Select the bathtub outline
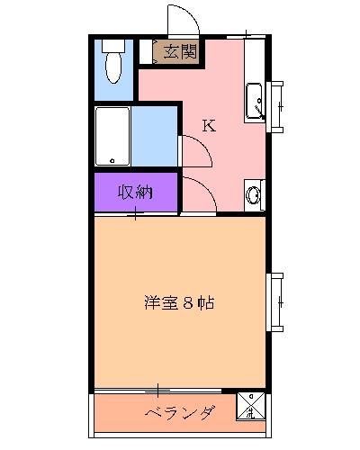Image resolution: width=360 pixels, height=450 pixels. pyautogui.click(x=113, y=136)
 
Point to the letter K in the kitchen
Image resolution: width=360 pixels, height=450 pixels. pyautogui.click(x=208, y=126)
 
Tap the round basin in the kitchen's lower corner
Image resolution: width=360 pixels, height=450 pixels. pyautogui.click(x=254, y=193)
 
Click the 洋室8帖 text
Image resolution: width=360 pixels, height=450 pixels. pyautogui.click(x=178, y=302)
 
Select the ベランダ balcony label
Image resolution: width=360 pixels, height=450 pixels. pyautogui.click(x=180, y=413)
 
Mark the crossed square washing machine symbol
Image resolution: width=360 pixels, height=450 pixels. pyautogui.click(x=250, y=407)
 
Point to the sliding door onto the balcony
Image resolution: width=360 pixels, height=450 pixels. pyautogui.click(x=157, y=391)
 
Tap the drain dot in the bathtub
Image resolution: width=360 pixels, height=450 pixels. pyautogui.click(x=112, y=161)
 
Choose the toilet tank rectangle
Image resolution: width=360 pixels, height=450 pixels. pyautogui.click(x=112, y=43)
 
